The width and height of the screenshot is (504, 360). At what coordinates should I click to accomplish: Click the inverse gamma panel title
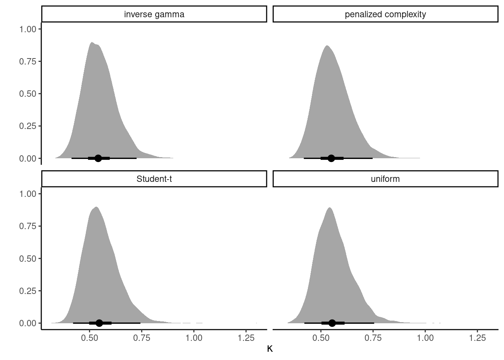(x=154, y=15)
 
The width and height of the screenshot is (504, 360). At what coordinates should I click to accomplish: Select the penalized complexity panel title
(x=385, y=15)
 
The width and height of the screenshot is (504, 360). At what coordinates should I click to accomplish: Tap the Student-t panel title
(x=154, y=179)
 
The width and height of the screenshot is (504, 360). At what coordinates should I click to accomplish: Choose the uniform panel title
(x=385, y=179)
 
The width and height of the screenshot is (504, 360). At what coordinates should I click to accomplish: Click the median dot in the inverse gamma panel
(x=98, y=158)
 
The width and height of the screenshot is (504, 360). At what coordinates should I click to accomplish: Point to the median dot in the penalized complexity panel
(x=331, y=158)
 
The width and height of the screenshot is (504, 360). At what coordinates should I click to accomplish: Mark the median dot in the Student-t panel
(x=99, y=323)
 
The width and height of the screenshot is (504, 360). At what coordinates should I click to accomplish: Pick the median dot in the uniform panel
(x=332, y=323)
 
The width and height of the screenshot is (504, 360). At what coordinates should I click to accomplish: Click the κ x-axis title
(x=270, y=349)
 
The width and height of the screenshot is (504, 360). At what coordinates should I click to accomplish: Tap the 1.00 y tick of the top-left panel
(x=28, y=29)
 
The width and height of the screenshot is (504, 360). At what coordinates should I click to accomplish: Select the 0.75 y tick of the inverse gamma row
(x=28, y=61)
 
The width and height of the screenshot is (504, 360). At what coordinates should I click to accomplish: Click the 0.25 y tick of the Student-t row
(x=28, y=291)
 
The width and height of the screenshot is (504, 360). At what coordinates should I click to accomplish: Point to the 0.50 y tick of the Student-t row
(x=28, y=259)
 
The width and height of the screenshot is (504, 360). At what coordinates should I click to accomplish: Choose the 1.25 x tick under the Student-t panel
(x=246, y=338)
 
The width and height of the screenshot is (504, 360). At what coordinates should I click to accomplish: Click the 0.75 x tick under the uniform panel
(x=373, y=338)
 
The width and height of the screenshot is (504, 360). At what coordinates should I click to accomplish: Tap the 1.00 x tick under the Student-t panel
(x=193, y=338)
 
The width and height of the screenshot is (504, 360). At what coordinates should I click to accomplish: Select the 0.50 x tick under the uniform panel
(x=321, y=338)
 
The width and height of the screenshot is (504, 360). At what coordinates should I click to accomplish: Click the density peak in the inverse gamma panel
(x=91, y=42)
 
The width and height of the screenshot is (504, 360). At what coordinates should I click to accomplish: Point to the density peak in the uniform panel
(x=329, y=208)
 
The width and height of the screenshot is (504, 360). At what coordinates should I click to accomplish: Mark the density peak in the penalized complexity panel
(x=327, y=46)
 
